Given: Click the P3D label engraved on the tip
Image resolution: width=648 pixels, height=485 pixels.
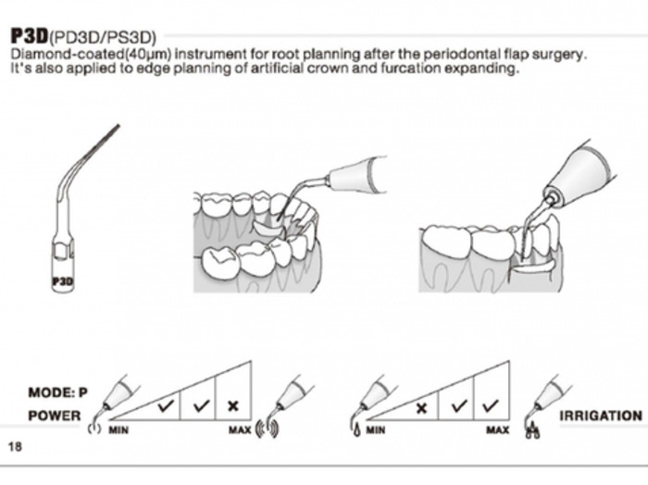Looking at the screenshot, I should coord(63,280).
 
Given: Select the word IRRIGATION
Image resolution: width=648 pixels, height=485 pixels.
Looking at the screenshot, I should coord(600,416).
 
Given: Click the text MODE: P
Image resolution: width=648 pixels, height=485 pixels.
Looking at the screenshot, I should coord(57,392).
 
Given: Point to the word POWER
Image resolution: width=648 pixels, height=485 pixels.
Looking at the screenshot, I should coord(54,416).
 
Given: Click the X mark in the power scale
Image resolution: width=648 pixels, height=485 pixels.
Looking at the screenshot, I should coord(232,405).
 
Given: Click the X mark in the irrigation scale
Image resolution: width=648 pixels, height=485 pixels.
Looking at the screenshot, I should coord(422,405).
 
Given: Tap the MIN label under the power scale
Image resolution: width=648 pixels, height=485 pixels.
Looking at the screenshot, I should coord(118,430).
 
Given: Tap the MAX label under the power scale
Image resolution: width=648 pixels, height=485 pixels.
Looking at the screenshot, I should coord(239,430).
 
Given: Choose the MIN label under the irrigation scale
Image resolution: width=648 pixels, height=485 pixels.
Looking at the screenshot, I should coord(375,430).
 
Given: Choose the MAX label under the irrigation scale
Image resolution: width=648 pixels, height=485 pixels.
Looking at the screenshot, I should coord(497,430).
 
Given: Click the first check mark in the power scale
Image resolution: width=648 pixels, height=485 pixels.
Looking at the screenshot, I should coord(166,405).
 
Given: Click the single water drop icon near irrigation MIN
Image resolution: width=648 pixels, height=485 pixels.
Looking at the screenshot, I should coord(357,429).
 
